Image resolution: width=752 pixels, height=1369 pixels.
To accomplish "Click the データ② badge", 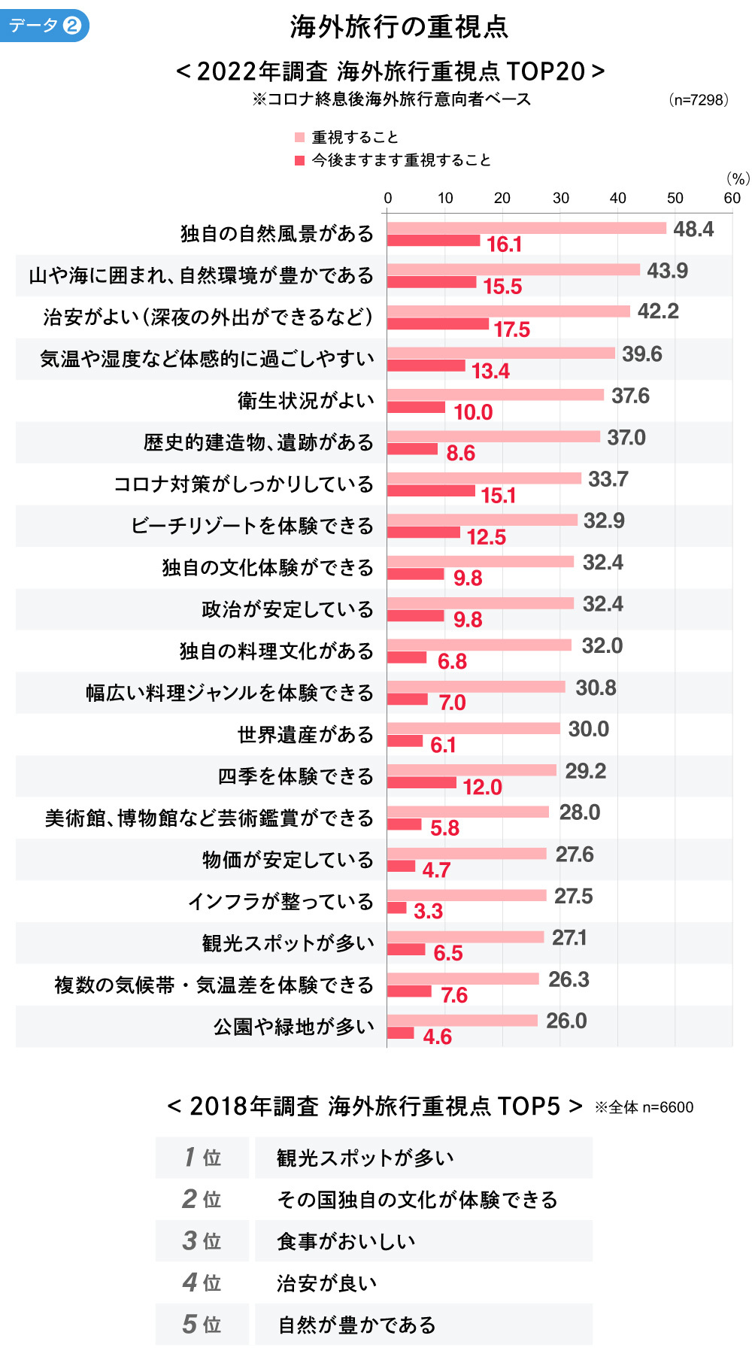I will [44, 26].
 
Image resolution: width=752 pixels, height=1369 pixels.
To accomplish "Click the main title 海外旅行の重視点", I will [399, 27].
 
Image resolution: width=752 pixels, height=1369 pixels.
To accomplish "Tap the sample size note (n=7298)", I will [699, 100].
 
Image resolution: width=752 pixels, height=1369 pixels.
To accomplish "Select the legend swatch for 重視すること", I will [299, 137].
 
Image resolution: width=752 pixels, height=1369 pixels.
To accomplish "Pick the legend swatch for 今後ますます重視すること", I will [299, 160].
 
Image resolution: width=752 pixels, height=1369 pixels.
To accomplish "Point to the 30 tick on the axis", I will [560, 198].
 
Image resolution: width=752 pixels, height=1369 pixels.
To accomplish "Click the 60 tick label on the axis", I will [732, 198].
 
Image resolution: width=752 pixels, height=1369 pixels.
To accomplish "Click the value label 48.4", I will [693, 229].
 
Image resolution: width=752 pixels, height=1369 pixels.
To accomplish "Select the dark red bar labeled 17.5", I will [438, 324].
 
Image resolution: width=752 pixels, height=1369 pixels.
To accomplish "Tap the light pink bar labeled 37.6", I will [495, 395].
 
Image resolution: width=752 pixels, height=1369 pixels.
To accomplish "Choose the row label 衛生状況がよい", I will [305, 400].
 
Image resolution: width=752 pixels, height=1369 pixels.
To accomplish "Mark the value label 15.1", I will [499, 496].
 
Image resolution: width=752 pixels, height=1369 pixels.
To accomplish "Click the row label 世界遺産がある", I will [305, 734].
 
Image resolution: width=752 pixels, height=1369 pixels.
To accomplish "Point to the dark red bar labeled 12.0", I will [421, 783].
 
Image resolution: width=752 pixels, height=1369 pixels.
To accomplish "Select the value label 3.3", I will [428, 912].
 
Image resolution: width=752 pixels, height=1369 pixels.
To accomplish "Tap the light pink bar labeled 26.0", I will [462, 1021].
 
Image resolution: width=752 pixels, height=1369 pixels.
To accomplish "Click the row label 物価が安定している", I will [287, 860].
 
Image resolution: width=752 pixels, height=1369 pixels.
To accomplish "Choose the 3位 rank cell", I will [202, 1241].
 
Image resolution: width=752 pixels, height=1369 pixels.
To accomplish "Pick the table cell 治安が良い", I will [326, 1282].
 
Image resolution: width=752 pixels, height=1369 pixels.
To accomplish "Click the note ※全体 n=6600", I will [644, 1107].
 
